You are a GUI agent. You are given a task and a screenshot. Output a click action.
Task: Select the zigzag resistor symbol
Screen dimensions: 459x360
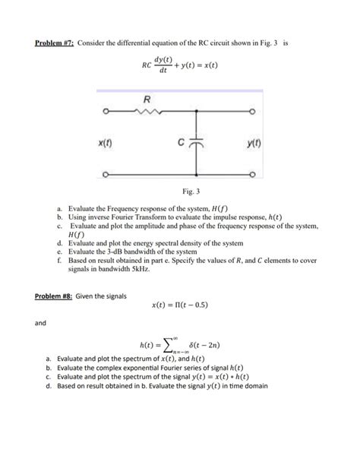147,112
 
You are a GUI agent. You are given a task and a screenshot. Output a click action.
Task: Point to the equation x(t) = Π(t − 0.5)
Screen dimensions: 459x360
181,306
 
